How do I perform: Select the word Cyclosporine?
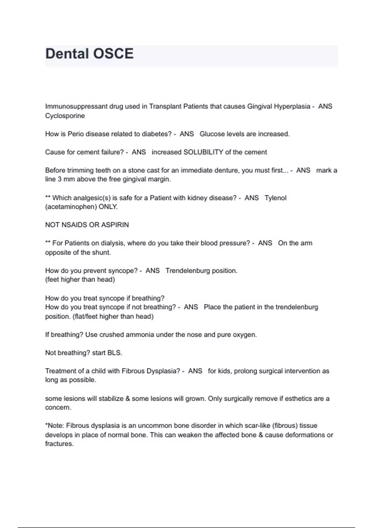pos(65,116)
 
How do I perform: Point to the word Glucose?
pos(211,134)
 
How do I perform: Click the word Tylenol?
pos(275,198)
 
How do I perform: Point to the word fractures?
pos(59,444)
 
